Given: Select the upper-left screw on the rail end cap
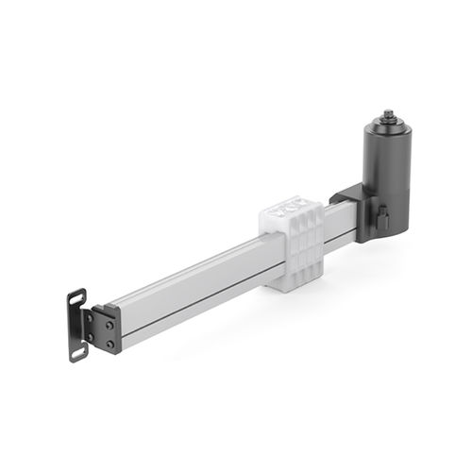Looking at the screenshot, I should (91, 318).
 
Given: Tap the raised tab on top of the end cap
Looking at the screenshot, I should (102, 307).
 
